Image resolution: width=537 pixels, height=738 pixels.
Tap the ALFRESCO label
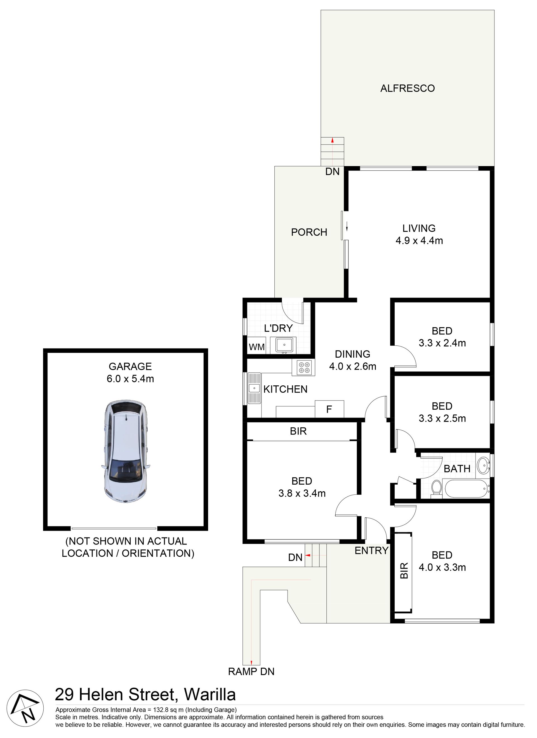click(x=408, y=88)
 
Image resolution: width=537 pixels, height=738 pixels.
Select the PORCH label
click(x=309, y=232)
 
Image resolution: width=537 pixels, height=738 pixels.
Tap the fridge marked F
click(x=329, y=409)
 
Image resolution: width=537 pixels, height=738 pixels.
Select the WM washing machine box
click(x=256, y=347)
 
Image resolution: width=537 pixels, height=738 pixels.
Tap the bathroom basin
click(x=483, y=466)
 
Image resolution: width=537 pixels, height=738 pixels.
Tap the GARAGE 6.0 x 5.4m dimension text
click(x=130, y=372)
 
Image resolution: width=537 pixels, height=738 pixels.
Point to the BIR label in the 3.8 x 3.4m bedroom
click(x=298, y=431)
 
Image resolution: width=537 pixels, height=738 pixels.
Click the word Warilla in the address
click(x=210, y=695)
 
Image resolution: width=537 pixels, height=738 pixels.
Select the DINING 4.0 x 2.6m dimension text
click(x=352, y=360)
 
